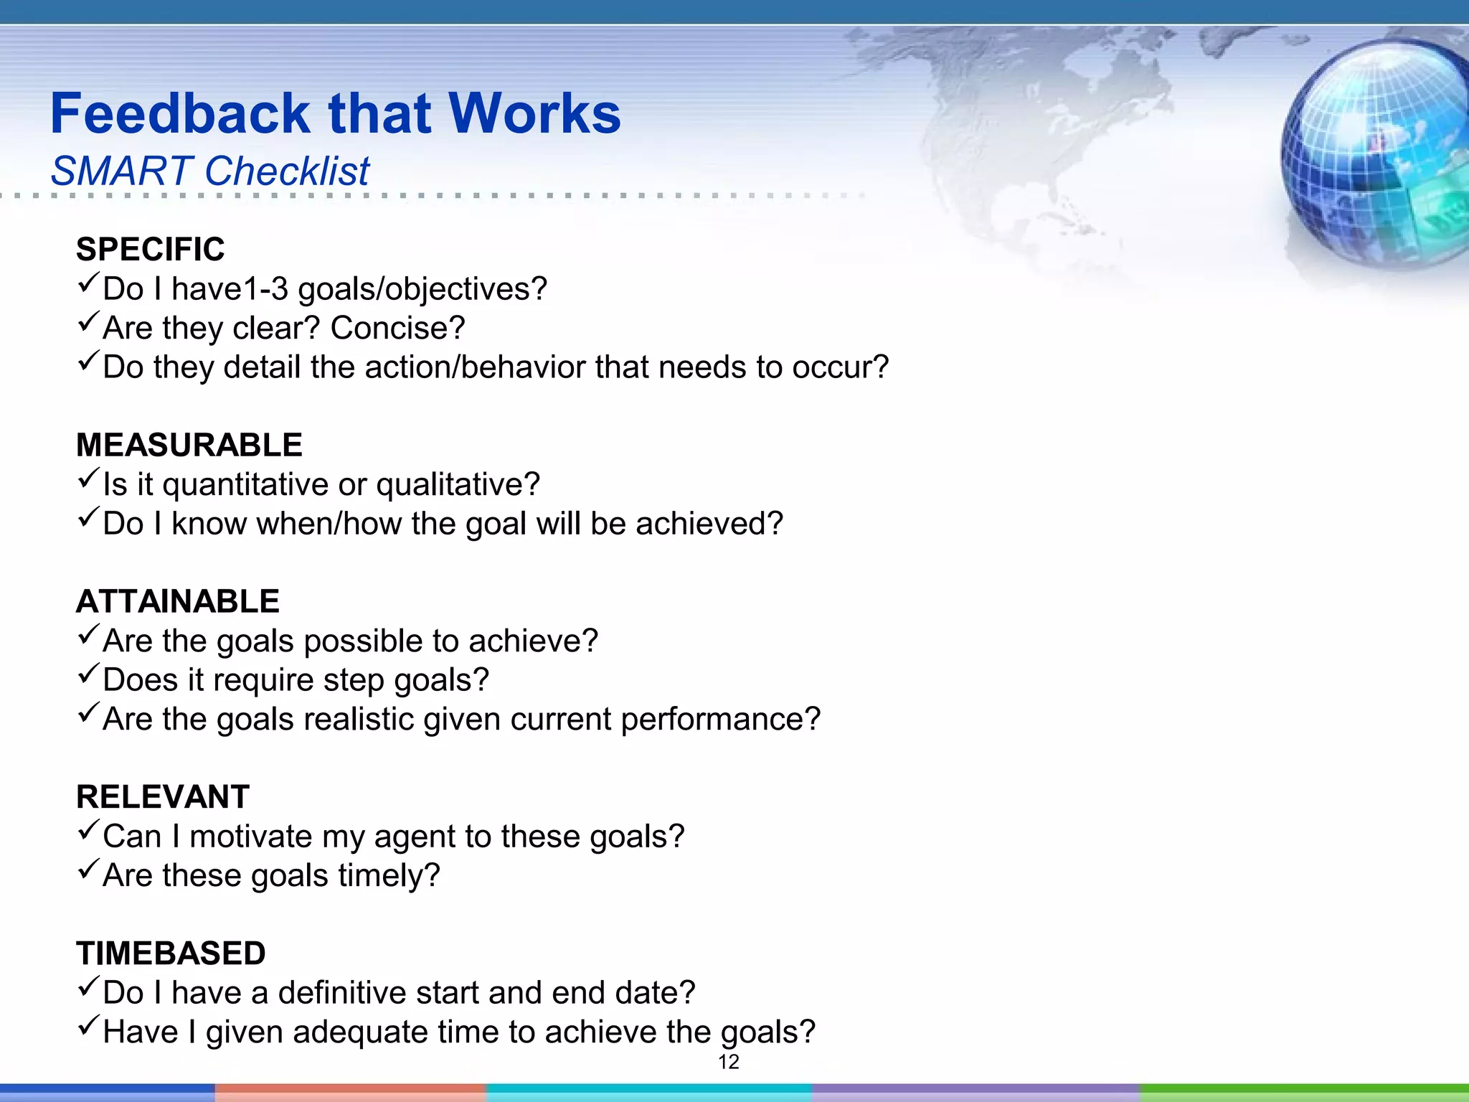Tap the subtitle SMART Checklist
tap(209, 171)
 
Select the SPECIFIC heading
tap(151, 250)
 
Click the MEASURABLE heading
tap(189, 445)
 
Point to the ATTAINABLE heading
tap(178, 601)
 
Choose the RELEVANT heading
tap(163, 797)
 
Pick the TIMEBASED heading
tap(171, 953)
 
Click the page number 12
tap(728, 1063)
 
